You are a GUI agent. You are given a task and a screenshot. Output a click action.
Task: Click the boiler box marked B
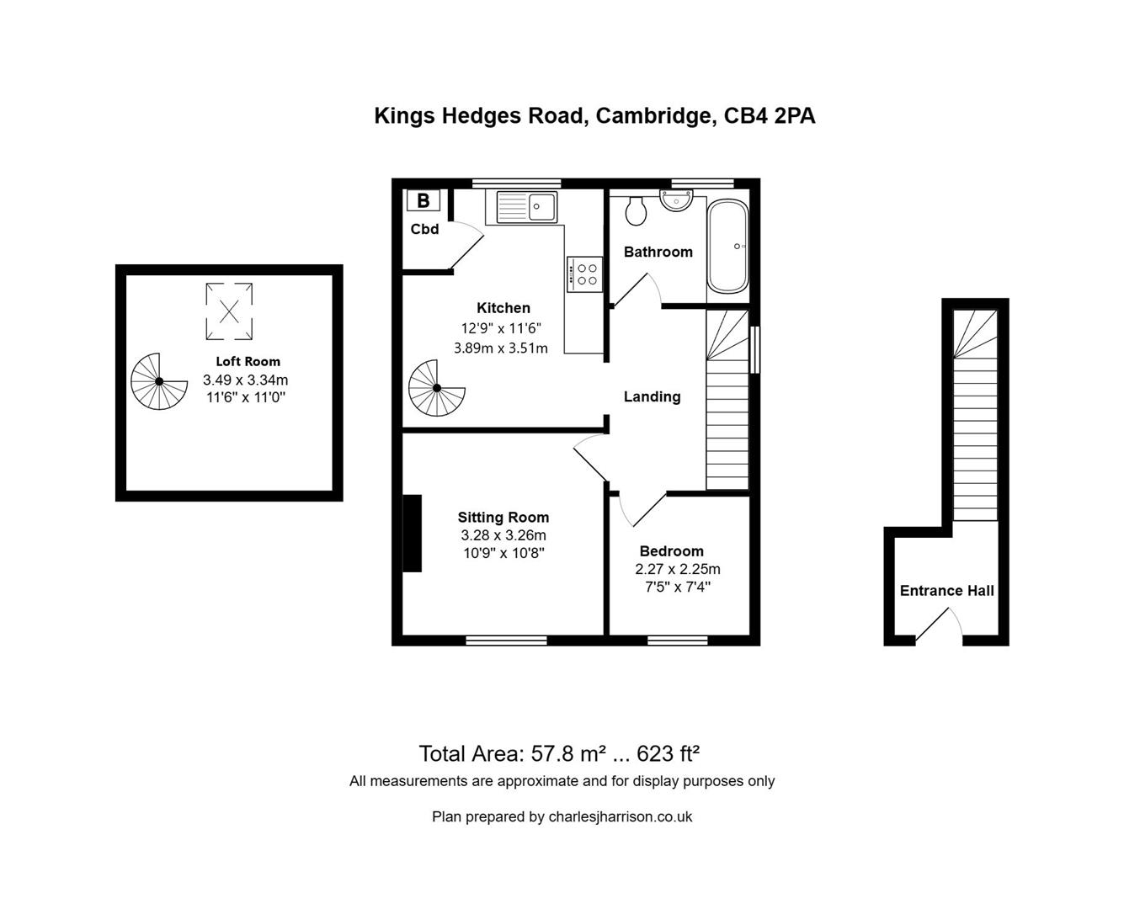pyautogui.click(x=423, y=200)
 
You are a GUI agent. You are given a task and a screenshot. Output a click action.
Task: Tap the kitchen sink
pyautogui.click(x=526, y=206)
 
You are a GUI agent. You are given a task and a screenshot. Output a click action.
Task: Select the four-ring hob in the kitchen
pyautogui.click(x=584, y=274)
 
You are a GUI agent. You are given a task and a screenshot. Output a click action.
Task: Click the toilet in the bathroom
pyautogui.click(x=636, y=210)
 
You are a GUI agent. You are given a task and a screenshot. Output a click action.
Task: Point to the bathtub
pyautogui.click(x=727, y=247)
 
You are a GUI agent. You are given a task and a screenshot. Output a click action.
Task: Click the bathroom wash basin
pyautogui.click(x=676, y=200)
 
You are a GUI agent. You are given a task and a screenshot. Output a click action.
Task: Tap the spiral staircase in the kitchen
pyautogui.click(x=436, y=388)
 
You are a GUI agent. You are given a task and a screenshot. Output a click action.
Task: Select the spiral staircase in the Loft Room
pyautogui.click(x=159, y=381)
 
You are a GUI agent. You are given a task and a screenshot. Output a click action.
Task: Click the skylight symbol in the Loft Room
pyautogui.click(x=229, y=311)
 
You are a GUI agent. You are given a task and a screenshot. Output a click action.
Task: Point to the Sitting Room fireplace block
pyautogui.click(x=412, y=534)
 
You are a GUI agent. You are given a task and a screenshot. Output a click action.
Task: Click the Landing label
pyautogui.click(x=652, y=396)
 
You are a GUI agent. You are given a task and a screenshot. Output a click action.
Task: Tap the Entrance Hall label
pyautogui.click(x=946, y=591)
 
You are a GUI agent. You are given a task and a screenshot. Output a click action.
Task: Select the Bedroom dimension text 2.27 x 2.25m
pyautogui.click(x=677, y=569)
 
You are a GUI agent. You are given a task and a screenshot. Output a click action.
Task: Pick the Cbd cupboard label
pyautogui.click(x=424, y=229)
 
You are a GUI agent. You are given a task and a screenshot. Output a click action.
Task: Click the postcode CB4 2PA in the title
pyautogui.click(x=770, y=115)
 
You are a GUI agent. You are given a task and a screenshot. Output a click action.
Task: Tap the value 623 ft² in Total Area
pyautogui.click(x=669, y=752)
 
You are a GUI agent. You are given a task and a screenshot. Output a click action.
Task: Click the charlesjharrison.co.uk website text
pyautogui.click(x=620, y=816)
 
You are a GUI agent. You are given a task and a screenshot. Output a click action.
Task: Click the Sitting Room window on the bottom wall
pyautogui.click(x=506, y=641)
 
